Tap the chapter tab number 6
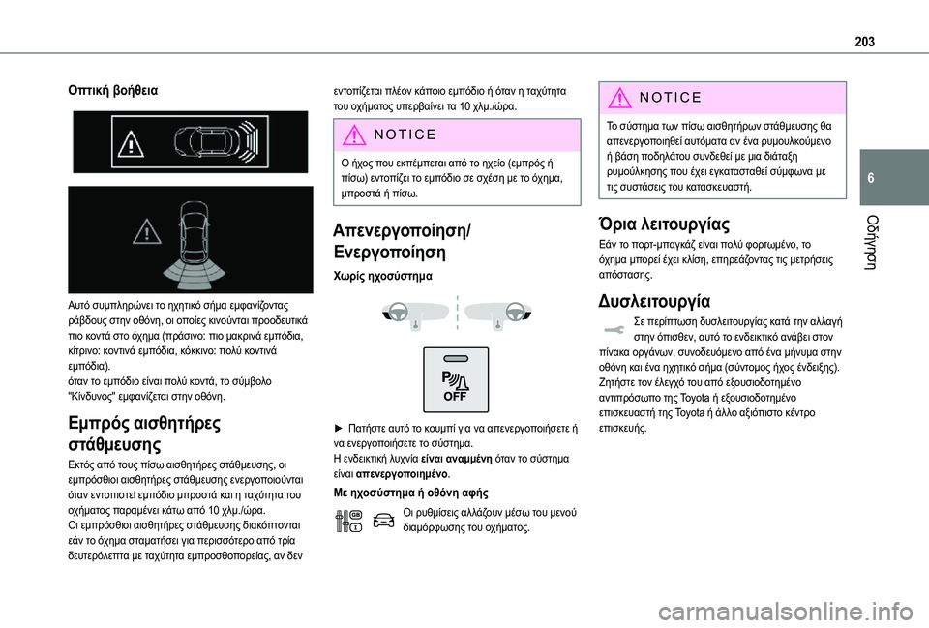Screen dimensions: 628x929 (x=874, y=180)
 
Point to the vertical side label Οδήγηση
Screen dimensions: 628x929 (x=875, y=238)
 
